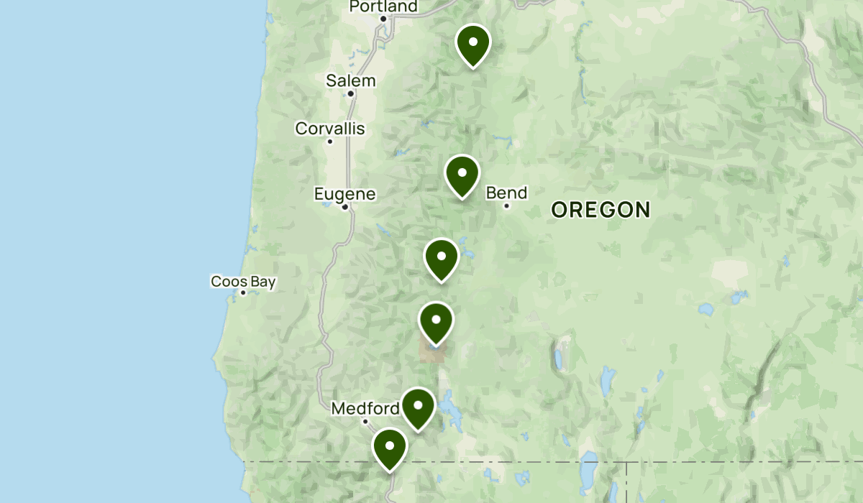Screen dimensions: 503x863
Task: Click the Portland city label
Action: [383, 6]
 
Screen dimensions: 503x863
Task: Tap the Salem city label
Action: [351, 80]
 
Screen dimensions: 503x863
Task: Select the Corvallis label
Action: [330, 129]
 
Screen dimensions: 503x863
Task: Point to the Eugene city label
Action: [344, 194]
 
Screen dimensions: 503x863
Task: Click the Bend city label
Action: [506, 193]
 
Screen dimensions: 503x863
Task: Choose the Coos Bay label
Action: [243, 282]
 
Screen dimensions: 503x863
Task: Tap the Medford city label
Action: [365, 409]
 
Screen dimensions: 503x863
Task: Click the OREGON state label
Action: [601, 210]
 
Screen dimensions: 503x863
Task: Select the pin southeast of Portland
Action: [472, 43]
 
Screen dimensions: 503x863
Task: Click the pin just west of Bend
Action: [462, 174]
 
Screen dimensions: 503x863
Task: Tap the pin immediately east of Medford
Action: [418, 406]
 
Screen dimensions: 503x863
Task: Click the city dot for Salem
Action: [351, 93]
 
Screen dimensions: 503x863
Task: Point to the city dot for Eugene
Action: [345, 207]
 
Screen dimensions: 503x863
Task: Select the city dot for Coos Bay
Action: [243, 292]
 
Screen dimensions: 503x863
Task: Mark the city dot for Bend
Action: [506, 206]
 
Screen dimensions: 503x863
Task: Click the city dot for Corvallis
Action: [330, 141]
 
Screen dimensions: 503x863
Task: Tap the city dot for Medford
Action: [365, 422]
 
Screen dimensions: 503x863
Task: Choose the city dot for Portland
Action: [383, 19]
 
